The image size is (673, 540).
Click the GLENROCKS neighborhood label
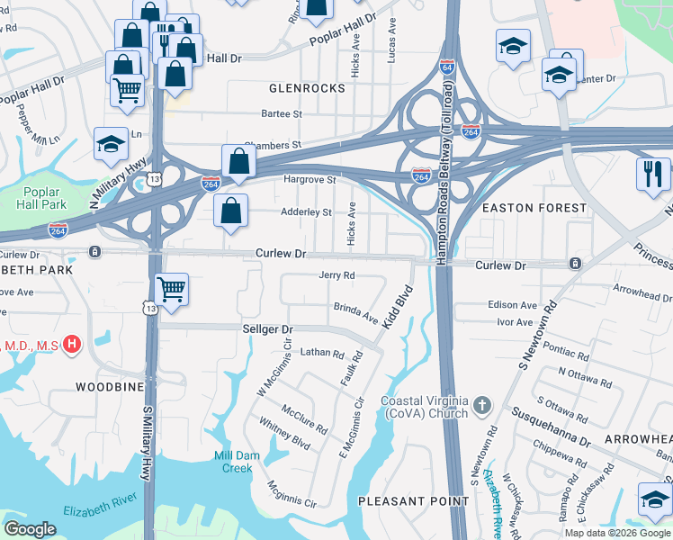pyautogui.click(x=307, y=88)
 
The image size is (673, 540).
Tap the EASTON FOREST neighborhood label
pyautogui.click(x=534, y=208)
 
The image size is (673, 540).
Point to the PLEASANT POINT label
pyautogui.click(x=401, y=499)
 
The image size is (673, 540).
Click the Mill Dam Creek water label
pyautogui.click(x=237, y=462)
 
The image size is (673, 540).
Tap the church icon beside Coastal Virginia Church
pyautogui.click(x=482, y=405)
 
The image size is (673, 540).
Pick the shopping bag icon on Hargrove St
pyautogui.click(x=238, y=162)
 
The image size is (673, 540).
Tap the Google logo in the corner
pyautogui.click(x=31, y=528)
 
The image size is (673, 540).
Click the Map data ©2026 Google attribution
pyautogui.click(x=617, y=533)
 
